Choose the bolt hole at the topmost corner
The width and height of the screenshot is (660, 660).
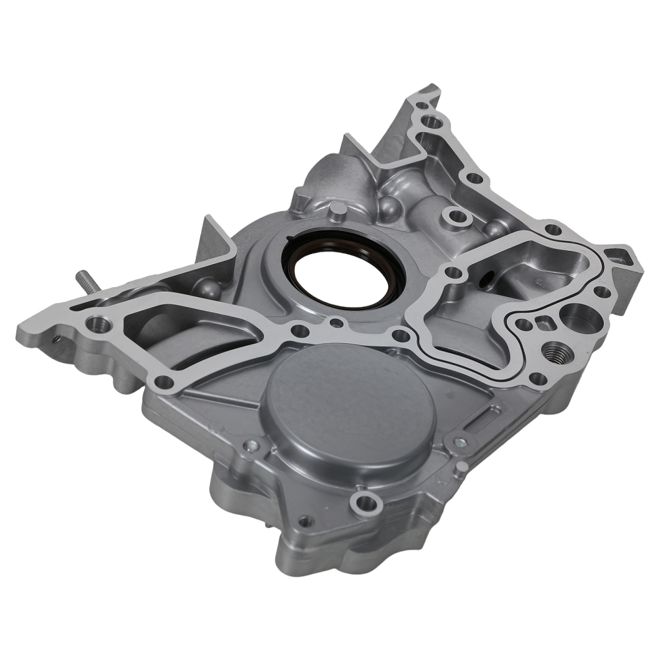[x=432, y=121]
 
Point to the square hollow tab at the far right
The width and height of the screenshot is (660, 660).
[x=618, y=254]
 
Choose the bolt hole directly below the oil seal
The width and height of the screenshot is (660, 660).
[x=337, y=323]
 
